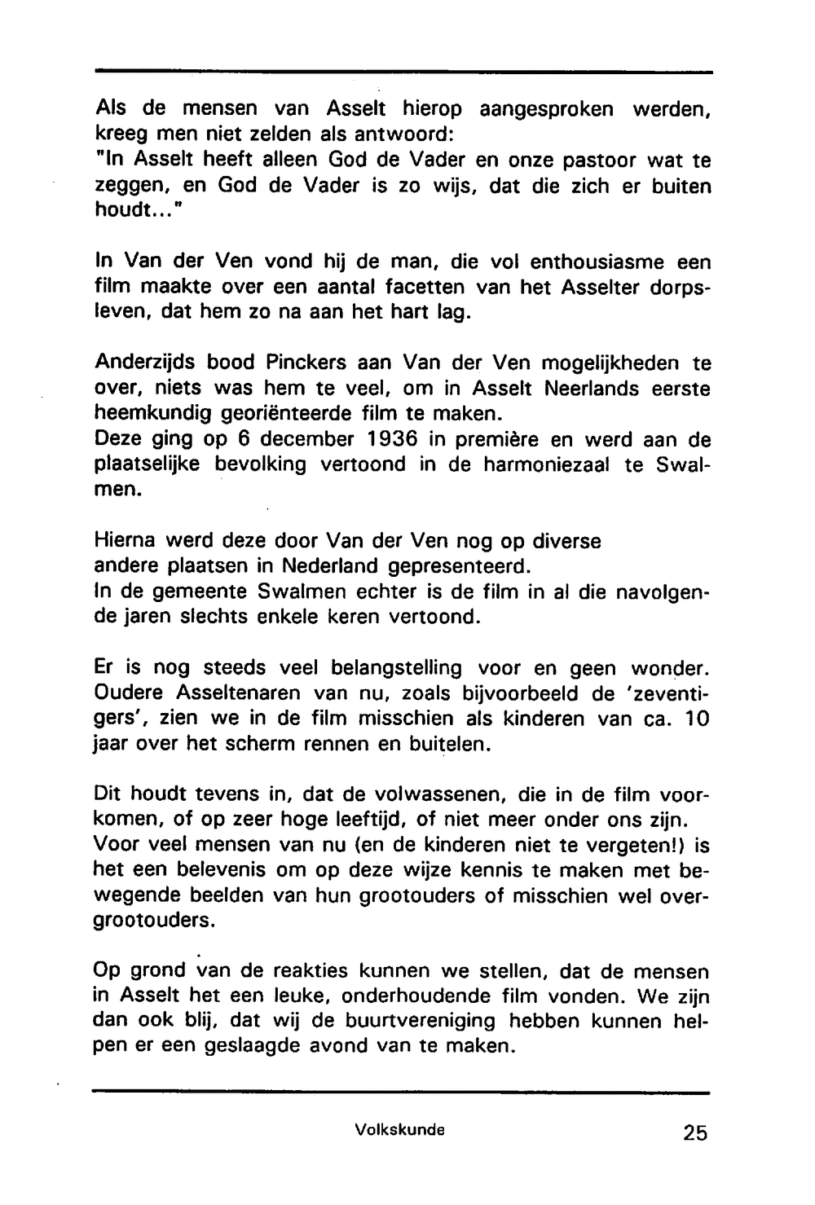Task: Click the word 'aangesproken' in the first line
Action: [546, 109]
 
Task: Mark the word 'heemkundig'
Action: [152, 415]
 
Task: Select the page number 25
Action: [694, 1132]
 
